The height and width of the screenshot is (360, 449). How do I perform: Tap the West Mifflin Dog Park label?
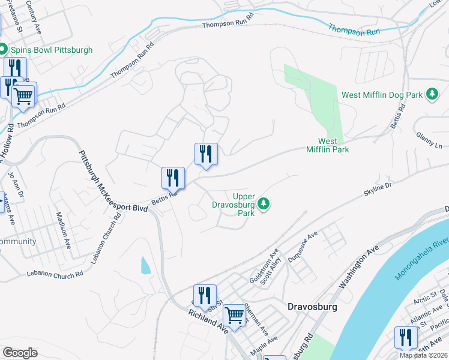tap(382, 94)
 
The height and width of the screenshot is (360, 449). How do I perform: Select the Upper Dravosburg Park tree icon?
tap(264, 205)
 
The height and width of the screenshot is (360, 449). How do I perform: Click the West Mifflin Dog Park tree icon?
tap(432, 94)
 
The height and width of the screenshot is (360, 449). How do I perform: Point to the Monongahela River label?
tap(422, 256)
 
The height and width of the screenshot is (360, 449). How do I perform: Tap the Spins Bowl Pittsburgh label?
tap(50, 50)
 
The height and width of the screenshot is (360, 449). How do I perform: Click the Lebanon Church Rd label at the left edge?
tap(55, 274)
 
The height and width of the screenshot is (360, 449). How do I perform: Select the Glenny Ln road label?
tap(429, 141)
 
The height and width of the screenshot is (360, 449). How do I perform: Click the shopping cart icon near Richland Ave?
tap(234, 313)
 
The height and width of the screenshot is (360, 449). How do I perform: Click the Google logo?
tap(20, 353)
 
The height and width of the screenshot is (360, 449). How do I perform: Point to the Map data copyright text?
tap(423, 355)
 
